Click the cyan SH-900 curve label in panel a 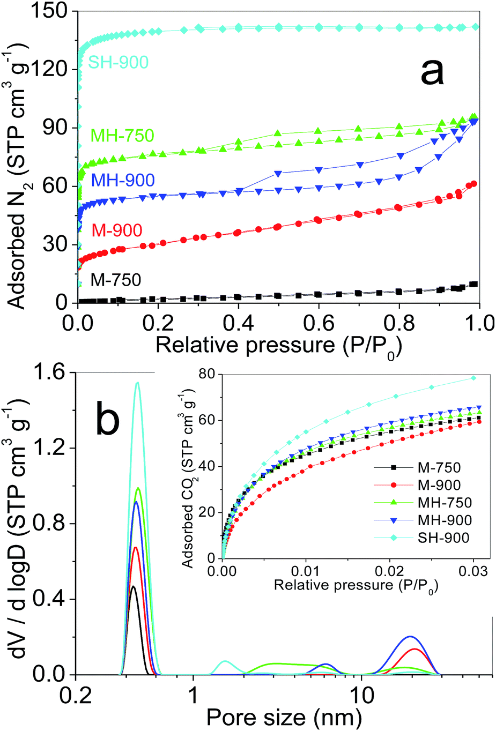[x=119, y=62]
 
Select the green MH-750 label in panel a [x=122, y=136]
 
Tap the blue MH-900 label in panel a [x=123, y=180]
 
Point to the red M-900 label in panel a [x=117, y=230]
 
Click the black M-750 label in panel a [x=116, y=280]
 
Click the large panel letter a [x=432, y=73]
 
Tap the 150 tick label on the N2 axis [x=53, y=11]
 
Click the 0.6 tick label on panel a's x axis [x=319, y=323]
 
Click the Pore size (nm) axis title [x=284, y=718]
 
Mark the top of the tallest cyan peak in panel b [x=138, y=383]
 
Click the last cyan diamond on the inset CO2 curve [x=473, y=378]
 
